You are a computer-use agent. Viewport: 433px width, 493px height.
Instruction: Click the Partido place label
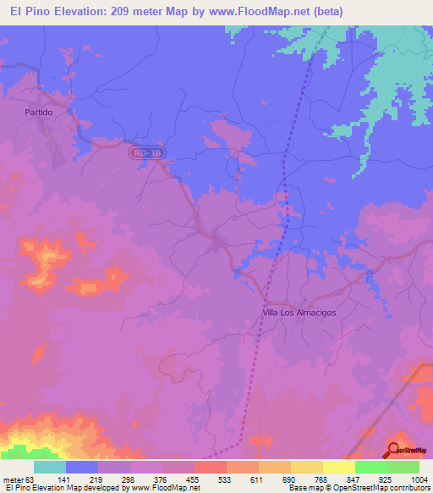(x=39, y=112)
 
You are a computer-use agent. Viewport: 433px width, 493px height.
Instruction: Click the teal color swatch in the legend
(x=50, y=468)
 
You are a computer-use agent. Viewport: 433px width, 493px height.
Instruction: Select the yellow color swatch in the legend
(x=339, y=468)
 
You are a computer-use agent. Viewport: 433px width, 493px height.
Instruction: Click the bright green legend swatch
(x=371, y=468)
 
